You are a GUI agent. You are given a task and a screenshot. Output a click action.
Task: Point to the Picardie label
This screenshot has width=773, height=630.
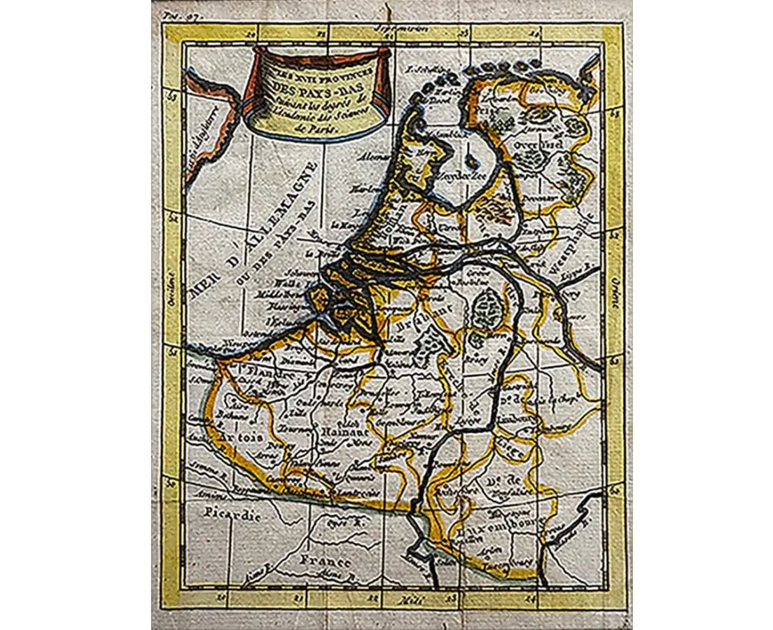click(x=233, y=514)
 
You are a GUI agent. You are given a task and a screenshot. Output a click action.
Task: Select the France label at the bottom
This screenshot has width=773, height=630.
click(x=324, y=562)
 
